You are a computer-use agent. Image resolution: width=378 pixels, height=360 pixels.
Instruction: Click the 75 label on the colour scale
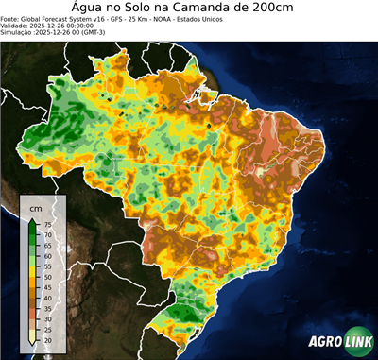(x=46, y=223)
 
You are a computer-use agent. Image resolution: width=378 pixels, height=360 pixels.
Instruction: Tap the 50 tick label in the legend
(x=46, y=276)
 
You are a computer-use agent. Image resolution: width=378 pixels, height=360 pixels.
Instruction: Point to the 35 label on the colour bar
(x=46, y=308)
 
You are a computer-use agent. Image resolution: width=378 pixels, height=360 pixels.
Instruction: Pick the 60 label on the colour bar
(x=46, y=255)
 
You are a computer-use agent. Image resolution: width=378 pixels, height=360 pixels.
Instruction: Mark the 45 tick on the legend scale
(x=46, y=287)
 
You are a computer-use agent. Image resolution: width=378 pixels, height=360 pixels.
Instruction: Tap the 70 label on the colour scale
(x=46, y=233)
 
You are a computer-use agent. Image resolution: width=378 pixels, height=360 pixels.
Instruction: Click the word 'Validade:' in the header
(x=17, y=25)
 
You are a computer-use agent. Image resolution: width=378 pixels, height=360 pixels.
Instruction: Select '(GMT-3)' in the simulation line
(x=116, y=31)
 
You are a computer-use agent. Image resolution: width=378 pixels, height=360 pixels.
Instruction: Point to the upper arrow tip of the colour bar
(x=32, y=219)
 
